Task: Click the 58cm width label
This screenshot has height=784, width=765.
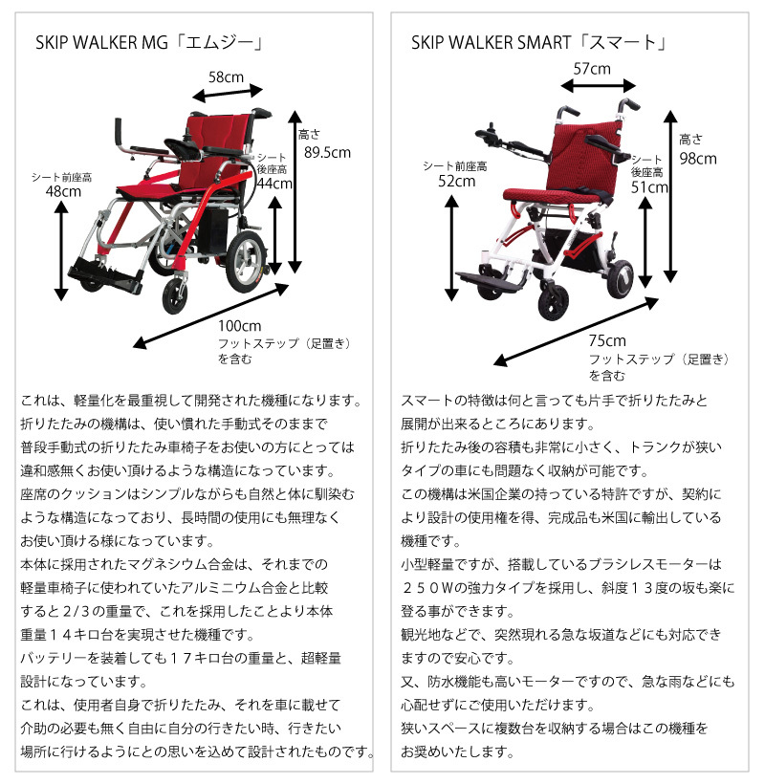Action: pos(226,76)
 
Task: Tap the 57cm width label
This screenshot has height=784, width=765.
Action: pos(592,69)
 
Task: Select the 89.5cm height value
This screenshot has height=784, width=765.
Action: pos(326,152)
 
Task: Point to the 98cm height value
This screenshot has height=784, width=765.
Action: pos(697,159)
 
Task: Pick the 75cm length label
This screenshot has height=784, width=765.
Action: pos(607,341)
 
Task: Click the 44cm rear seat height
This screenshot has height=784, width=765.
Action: pos(274,183)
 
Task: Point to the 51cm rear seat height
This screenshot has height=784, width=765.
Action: pos(649,187)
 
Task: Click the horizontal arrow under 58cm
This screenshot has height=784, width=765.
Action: pos(228,93)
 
